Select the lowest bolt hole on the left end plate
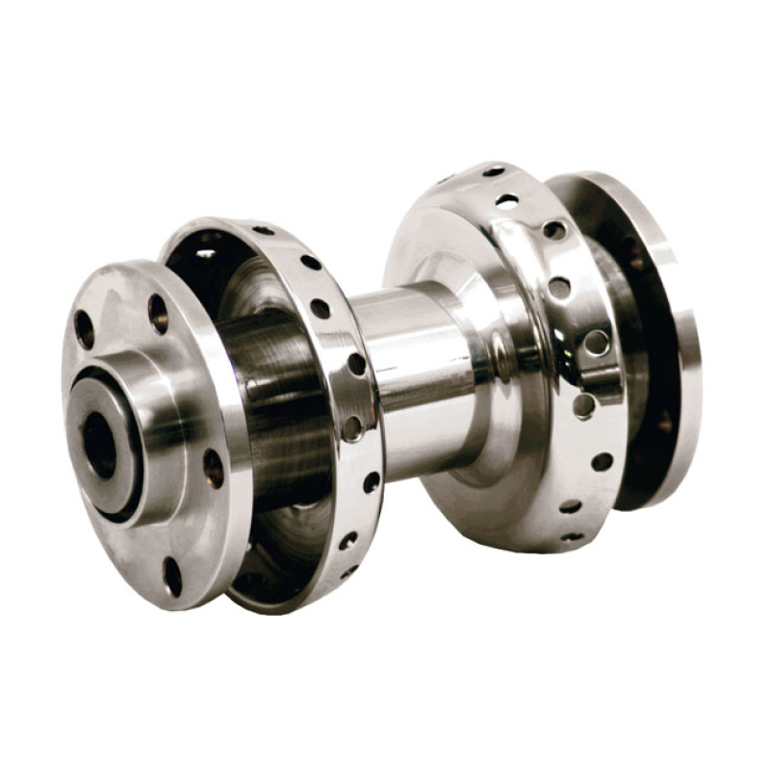[172, 576]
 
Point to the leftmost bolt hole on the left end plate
[85, 329]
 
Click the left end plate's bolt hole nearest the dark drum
[213, 469]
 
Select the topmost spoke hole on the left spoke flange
[262, 230]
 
